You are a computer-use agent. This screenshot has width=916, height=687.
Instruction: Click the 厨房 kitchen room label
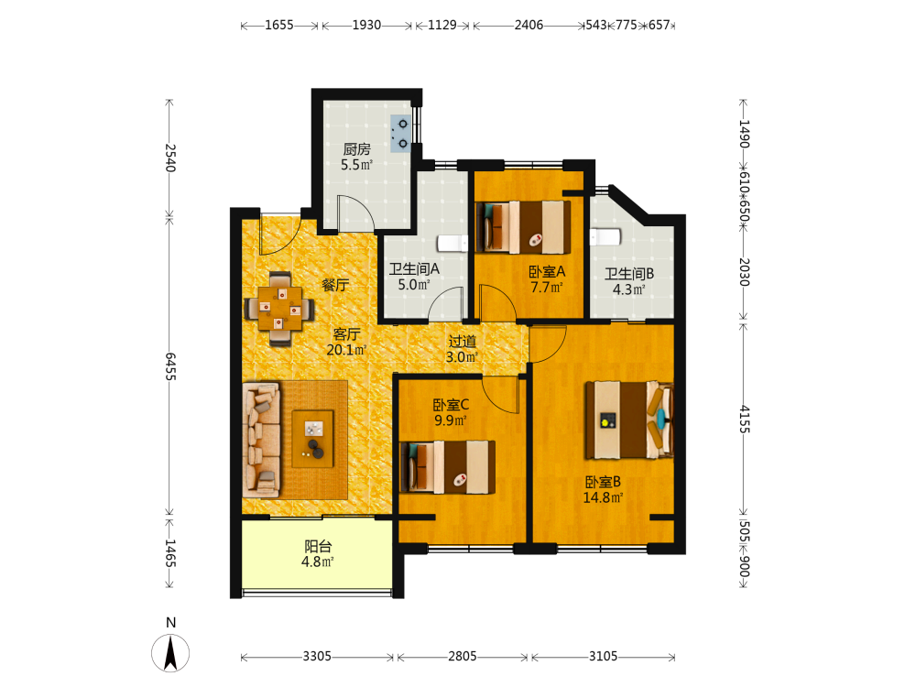[356, 149]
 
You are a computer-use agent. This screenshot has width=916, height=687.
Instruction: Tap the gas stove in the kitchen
[401, 134]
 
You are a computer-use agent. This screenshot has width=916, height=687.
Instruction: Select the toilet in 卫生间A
[453, 243]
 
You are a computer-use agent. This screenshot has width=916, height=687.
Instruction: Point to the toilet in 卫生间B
[605, 237]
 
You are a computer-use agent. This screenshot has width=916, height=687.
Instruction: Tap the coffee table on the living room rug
[312, 439]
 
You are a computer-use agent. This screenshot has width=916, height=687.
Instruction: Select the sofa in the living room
[261, 440]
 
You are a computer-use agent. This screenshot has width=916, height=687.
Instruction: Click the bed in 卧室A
[523, 227]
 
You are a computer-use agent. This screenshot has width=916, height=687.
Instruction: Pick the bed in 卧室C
[448, 467]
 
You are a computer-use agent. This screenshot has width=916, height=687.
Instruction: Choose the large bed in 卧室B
[629, 420]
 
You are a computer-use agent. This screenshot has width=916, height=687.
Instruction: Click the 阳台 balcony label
[318, 547]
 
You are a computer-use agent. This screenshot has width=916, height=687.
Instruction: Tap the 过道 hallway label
[462, 341]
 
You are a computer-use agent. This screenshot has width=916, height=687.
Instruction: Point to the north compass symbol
[170, 652]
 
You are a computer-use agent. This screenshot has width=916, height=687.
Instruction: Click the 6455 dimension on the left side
[170, 366]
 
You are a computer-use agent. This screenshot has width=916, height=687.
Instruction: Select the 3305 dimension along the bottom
[317, 657]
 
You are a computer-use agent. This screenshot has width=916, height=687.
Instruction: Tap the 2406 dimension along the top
[529, 25]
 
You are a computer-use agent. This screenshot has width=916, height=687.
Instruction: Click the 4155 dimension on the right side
[744, 419]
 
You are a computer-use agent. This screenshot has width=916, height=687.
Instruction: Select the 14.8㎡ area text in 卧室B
[603, 497]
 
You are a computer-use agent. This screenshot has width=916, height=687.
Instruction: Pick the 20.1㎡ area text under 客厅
[346, 350]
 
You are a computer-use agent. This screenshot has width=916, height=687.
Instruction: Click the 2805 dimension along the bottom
[462, 657]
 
